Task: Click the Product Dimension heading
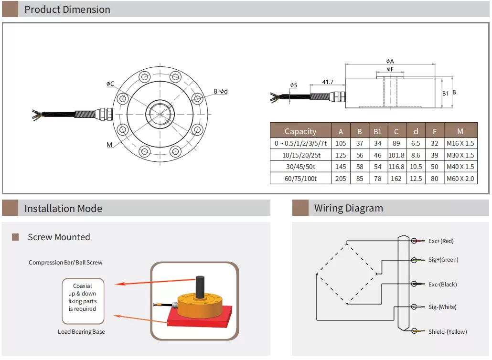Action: tap(67, 10)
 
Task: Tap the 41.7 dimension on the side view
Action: tap(328, 82)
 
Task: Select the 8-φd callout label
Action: tap(221, 91)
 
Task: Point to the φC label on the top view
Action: tap(110, 84)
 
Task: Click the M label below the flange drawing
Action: tap(109, 144)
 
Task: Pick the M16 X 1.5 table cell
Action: tap(460, 143)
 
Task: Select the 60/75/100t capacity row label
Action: tap(300, 179)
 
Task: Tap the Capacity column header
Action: tap(300, 131)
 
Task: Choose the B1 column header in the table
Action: tap(377, 131)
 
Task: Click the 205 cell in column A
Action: tap(341, 179)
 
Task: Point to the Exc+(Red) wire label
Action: tap(440, 241)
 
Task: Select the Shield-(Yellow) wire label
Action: tap(447, 331)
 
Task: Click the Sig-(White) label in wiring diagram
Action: tap(442, 307)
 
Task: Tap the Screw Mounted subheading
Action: tap(59, 237)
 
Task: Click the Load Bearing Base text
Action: tap(81, 332)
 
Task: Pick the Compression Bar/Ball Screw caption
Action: tap(65, 263)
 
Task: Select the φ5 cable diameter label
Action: tap(293, 85)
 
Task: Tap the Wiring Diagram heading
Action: tap(348, 208)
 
